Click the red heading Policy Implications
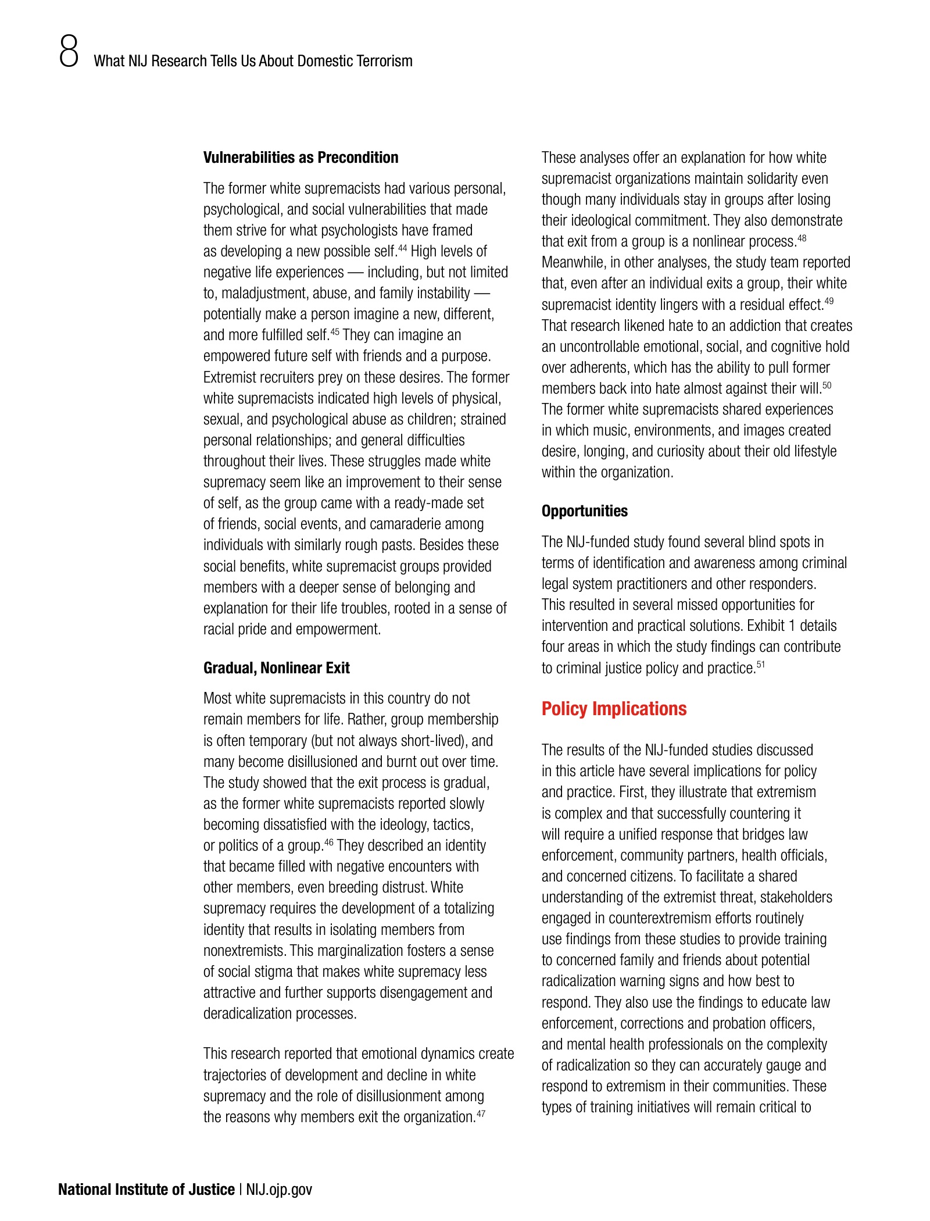point(614,709)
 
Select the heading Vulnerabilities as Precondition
point(301,158)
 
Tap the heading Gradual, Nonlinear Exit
point(276,668)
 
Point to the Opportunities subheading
point(584,511)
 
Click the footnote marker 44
point(402,248)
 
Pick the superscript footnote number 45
point(335,331)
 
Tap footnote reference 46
point(329,842)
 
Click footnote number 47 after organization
point(481,1113)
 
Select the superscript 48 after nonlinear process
point(802,238)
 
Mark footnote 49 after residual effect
point(829,301)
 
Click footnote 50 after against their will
point(827,385)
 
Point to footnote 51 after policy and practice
point(760,665)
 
